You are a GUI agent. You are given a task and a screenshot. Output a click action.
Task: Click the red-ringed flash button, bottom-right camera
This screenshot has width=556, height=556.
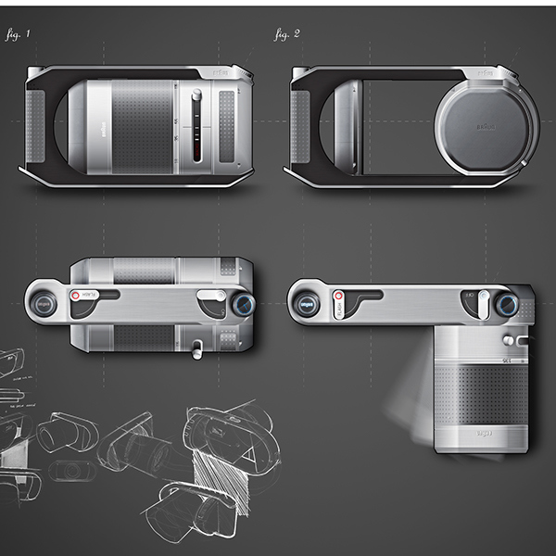(x=338, y=297)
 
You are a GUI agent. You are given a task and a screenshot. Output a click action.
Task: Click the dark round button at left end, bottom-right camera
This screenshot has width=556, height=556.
(x=307, y=304)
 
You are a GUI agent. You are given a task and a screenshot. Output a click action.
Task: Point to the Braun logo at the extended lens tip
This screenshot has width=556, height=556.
(x=484, y=433)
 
